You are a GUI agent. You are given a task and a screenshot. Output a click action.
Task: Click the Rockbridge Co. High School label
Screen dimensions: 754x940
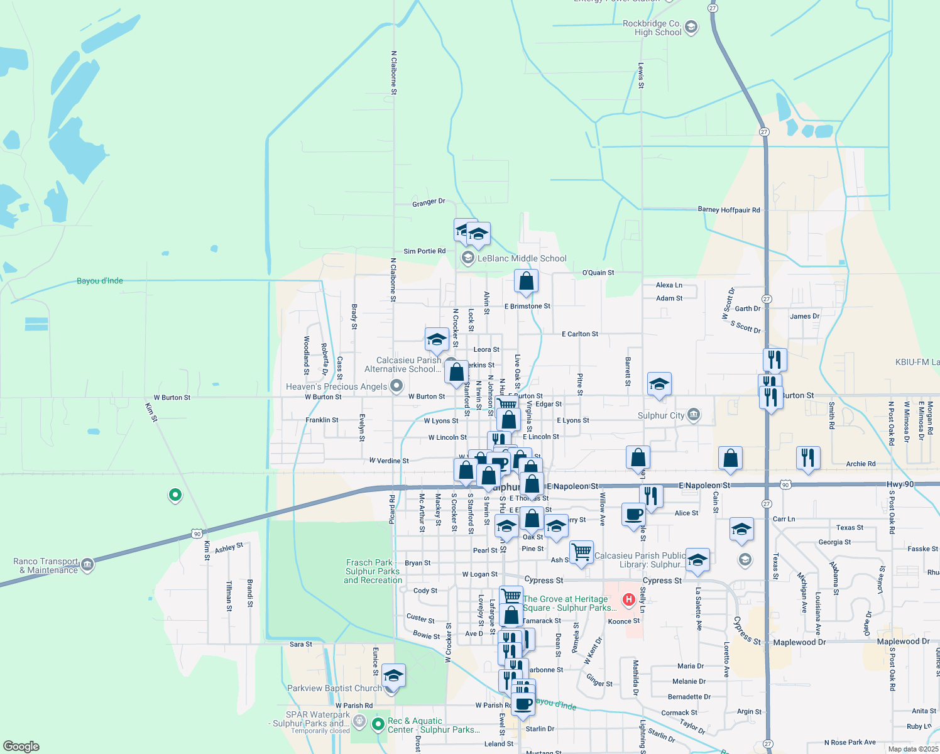click(652, 28)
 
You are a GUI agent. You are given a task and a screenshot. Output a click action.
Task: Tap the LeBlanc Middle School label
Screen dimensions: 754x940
click(522, 258)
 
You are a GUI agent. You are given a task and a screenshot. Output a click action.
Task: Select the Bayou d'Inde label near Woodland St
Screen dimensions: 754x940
click(100, 281)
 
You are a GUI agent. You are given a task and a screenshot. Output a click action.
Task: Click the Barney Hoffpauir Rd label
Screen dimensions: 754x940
click(729, 210)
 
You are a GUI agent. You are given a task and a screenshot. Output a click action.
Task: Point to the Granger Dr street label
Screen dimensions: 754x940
click(429, 202)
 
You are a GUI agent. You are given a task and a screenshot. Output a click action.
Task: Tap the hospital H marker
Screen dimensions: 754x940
click(628, 600)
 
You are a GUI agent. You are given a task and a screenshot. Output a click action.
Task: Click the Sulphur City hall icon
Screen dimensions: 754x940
click(693, 415)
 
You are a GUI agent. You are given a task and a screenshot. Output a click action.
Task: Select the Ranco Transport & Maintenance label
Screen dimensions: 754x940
click(46, 565)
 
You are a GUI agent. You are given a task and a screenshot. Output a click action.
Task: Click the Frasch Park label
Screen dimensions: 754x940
click(373, 571)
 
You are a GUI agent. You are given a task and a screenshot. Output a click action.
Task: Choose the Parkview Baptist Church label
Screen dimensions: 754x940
click(334, 688)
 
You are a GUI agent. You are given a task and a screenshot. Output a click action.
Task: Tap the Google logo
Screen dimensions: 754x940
click(21, 746)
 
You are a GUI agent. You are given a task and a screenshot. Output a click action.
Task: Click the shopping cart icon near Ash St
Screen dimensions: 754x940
click(581, 552)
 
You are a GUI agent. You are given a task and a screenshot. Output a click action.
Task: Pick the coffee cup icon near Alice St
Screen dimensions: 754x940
click(633, 513)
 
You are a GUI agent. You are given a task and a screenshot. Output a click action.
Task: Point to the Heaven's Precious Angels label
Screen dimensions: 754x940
click(336, 386)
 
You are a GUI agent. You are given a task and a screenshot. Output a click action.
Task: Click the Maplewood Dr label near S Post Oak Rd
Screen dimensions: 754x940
click(903, 642)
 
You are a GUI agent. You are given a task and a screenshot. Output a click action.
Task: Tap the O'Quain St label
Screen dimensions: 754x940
click(598, 273)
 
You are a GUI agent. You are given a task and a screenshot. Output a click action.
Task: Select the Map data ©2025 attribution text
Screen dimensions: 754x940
click(913, 749)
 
